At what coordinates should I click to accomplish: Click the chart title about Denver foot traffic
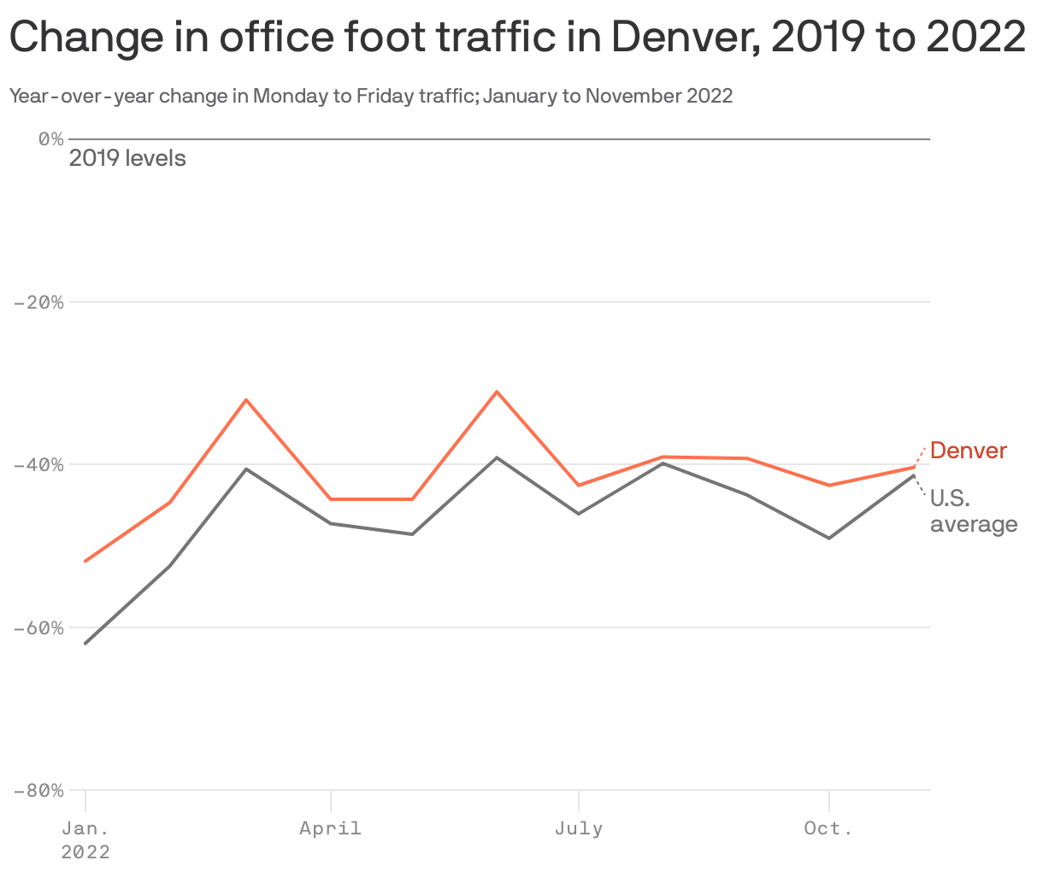click(x=517, y=38)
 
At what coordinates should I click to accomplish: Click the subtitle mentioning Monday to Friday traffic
click(x=370, y=96)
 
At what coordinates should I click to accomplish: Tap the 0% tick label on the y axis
click(x=50, y=138)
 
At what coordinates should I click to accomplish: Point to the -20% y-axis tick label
click(x=39, y=302)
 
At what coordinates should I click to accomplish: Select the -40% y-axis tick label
click(x=39, y=464)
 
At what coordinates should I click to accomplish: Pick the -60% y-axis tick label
click(x=39, y=627)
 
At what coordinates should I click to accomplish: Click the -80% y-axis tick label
click(x=39, y=790)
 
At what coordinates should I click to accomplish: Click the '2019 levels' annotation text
click(x=127, y=158)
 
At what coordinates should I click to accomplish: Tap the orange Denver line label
click(x=969, y=451)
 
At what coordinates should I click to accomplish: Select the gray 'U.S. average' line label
click(x=973, y=511)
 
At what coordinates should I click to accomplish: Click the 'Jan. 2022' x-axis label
click(x=85, y=840)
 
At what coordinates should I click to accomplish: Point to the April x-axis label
click(x=330, y=828)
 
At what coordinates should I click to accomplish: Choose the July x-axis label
click(x=579, y=828)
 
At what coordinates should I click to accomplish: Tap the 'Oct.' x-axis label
click(x=828, y=828)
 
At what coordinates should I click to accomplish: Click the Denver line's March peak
click(x=246, y=399)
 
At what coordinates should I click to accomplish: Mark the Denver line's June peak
click(x=497, y=392)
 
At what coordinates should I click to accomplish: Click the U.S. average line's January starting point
click(x=85, y=643)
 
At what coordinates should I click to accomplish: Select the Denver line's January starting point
click(x=85, y=561)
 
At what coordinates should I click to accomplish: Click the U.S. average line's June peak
click(x=497, y=457)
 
